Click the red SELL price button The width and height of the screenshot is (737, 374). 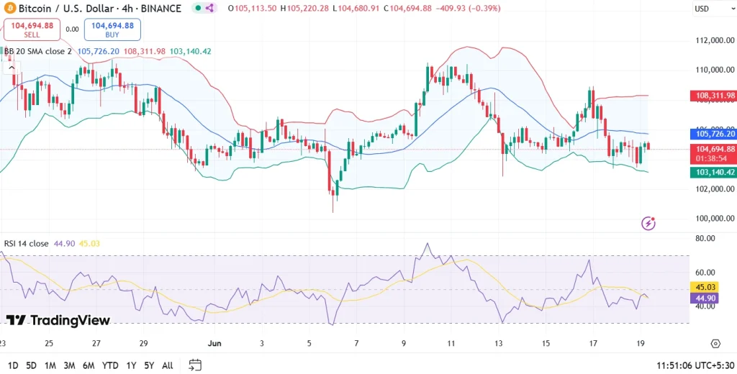32,29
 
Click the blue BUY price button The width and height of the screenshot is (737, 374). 112,29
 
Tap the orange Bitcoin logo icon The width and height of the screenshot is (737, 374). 9,9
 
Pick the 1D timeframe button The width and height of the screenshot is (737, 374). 14,365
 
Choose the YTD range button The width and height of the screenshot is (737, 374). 111,365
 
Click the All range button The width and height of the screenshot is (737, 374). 167,365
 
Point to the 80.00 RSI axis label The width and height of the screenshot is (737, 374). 705,238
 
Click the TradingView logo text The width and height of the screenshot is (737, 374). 58,321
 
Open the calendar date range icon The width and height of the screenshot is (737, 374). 195,365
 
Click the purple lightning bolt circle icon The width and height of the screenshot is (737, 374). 649,223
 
